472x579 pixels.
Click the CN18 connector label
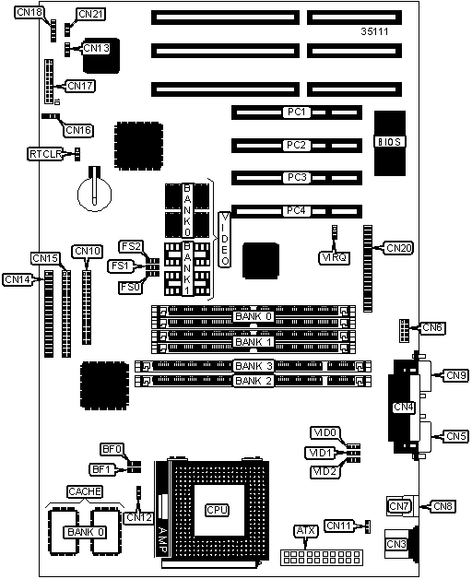click(29, 12)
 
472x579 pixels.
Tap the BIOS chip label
click(390, 142)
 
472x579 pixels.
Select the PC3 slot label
click(297, 178)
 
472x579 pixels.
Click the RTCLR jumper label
click(45, 154)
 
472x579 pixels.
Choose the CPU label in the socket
click(218, 510)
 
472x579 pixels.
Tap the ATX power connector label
click(306, 531)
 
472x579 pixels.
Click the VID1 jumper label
click(320, 453)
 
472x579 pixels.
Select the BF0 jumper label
click(112, 449)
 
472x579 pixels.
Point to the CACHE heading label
click(85, 491)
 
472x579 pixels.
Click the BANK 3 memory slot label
click(254, 366)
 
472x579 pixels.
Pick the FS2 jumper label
click(131, 246)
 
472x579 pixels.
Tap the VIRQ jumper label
click(334, 257)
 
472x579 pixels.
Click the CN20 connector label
click(398, 248)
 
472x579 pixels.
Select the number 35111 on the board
click(374, 31)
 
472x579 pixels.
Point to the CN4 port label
click(403, 407)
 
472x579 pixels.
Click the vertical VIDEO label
click(225, 240)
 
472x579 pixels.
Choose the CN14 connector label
click(18, 279)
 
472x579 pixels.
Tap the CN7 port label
click(399, 506)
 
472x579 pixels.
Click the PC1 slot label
click(297, 112)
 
